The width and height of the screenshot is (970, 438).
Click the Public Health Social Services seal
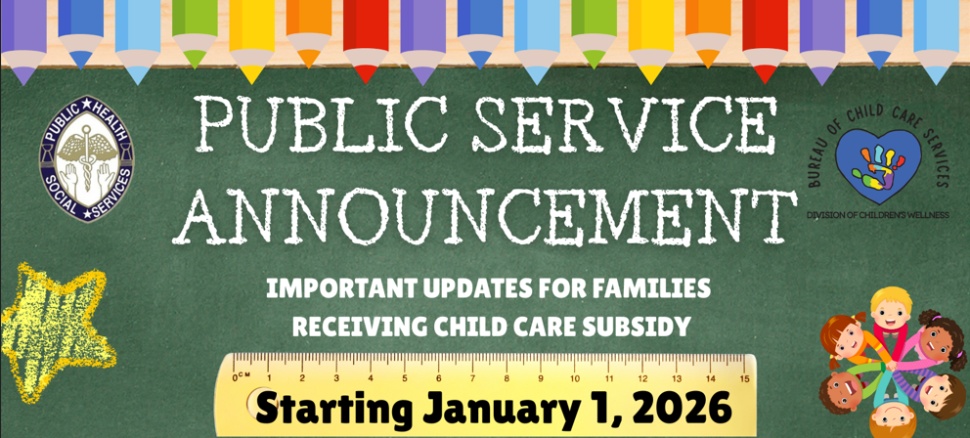coord(87,158)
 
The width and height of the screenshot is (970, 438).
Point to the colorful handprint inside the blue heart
coord(877,167)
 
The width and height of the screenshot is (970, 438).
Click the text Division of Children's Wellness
coord(877,215)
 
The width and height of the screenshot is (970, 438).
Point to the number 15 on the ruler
coord(744,377)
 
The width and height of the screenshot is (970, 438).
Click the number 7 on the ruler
coord(472,377)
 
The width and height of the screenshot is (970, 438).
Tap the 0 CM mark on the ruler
coord(242,376)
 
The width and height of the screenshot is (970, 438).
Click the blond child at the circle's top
coord(891,314)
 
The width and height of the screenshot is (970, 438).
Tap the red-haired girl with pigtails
coord(846,340)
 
